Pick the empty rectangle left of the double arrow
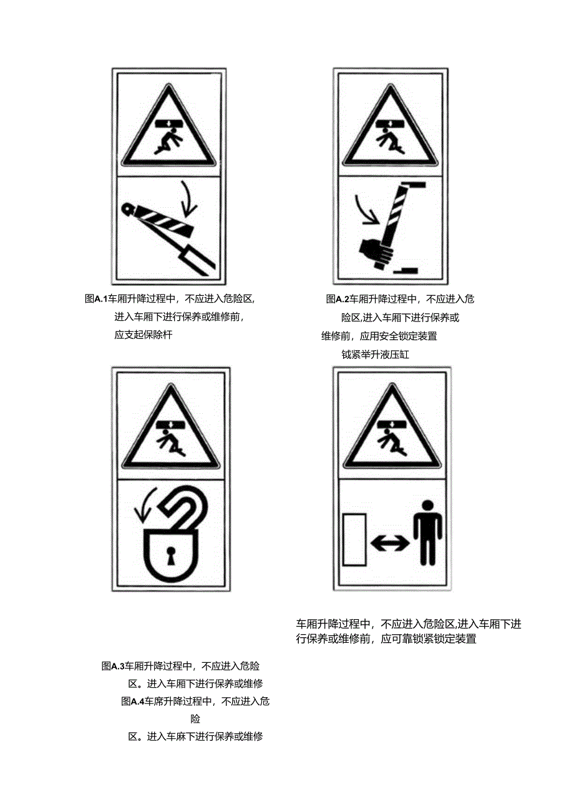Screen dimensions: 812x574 (x=354, y=539)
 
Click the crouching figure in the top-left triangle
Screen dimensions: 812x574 (x=167, y=137)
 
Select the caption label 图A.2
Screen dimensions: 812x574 (x=337, y=299)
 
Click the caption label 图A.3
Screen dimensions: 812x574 (x=114, y=666)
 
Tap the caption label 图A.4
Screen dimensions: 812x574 (x=133, y=702)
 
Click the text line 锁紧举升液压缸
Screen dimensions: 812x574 (x=374, y=355)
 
